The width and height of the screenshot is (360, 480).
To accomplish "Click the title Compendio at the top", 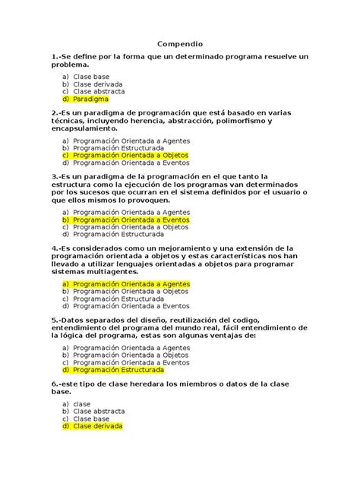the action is point(179,44).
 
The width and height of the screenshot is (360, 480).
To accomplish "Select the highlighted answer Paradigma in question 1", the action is point(91,99).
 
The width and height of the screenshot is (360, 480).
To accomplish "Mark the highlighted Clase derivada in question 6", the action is point(98,426).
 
